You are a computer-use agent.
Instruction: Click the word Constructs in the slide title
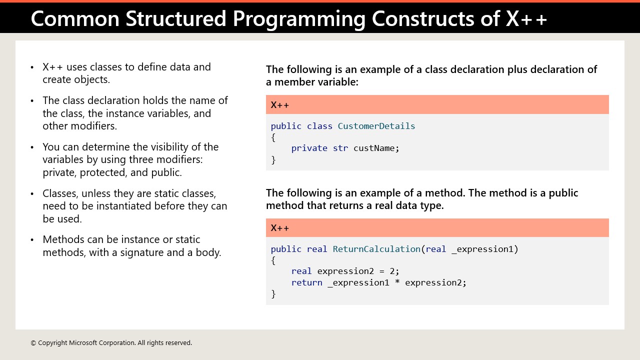coord(436,18)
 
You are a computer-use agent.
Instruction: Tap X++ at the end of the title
coord(526,18)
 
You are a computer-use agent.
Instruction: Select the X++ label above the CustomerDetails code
coord(280,105)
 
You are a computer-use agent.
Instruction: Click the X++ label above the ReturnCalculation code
coord(280,228)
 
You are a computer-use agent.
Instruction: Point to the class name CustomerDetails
coord(376,126)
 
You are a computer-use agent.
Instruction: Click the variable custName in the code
coord(376,148)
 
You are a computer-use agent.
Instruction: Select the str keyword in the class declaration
coord(340,148)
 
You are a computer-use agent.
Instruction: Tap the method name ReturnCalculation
coord(376,249)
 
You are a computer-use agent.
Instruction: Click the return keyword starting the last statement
coord(306,282)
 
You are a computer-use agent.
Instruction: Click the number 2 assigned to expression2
coord(392,271)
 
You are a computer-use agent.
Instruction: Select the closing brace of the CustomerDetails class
coord(273,160)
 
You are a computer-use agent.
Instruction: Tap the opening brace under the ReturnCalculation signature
coord(273,260)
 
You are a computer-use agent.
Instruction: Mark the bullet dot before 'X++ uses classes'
coord(32,67)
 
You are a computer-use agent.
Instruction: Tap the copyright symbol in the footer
coord(33,343)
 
